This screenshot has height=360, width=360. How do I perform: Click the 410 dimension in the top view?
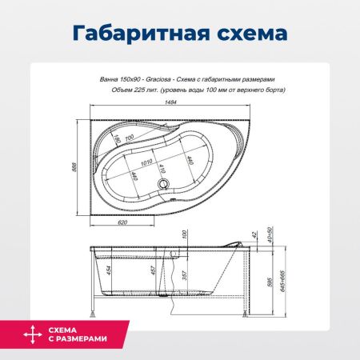click(x=162, y=170)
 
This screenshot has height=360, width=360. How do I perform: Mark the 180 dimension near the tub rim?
click(x=116, y=143)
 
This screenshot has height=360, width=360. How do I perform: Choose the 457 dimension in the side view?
click(x=143, y=272)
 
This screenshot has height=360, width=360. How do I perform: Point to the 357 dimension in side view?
click(x=185, y=276)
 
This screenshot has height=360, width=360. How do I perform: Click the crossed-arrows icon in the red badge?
click(x=30, y=334)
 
